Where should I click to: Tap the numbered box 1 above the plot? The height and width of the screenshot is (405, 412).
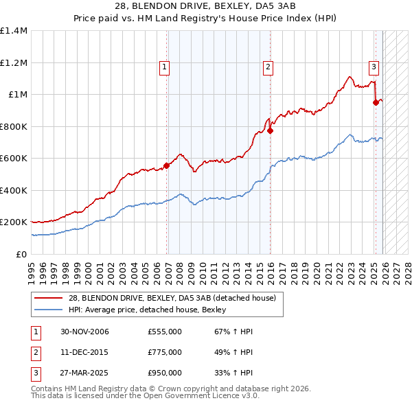coord(165,67)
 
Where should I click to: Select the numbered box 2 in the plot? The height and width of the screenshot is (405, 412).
coord(267,67)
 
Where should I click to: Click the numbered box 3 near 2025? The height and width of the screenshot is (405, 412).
coord(374,67)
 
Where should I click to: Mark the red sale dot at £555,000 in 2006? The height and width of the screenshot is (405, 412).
coord(166,165)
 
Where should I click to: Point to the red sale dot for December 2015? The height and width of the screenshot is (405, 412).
coord(270,130)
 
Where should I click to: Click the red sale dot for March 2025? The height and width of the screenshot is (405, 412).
coord(376,103)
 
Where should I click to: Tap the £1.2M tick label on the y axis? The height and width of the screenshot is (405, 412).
coord(14,62)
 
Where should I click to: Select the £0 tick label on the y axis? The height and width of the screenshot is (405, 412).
coord(21,255)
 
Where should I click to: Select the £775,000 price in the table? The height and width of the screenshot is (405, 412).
coord(164,352)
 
